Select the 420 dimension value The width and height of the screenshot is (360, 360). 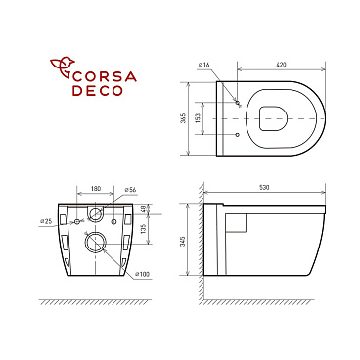tap(282, 64)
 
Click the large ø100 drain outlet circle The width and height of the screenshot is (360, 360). tap(97, 241)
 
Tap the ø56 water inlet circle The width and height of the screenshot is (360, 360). tap(97, 212)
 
